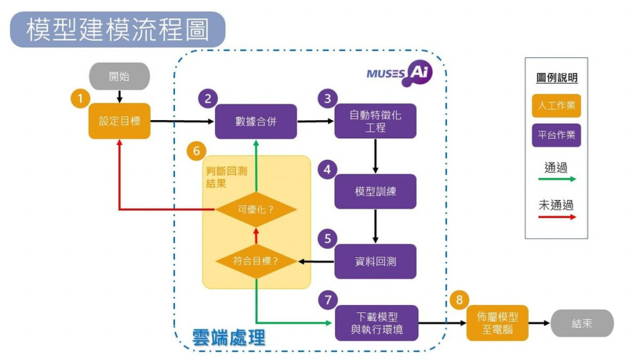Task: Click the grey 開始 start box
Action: [x=119, y=76]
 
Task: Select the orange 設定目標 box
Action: [x=119, y=121]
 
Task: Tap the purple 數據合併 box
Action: [x=256, y=121]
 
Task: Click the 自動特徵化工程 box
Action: [x=375, y=121]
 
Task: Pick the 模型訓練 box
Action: [x=375, y=191]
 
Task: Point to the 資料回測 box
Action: [x=375, y=261]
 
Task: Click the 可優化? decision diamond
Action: [x=256, y=209]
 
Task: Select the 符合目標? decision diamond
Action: [x=256, y=261]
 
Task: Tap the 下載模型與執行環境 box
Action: [x=376, y=323]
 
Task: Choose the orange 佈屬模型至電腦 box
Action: [x=497, y=323]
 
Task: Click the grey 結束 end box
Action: [x=581, y=324]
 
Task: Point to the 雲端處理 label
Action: [x=229, y=337]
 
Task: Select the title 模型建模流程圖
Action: [x=117, y=29]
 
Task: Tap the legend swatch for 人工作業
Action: [x=556, y=105]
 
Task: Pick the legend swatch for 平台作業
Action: [x=556, y=135]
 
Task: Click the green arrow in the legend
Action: [x=556, y=179]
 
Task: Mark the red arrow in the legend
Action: [x=556, y=217]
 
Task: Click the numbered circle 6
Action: [x=196, y=151]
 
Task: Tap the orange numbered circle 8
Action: [x=459, y=299]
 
